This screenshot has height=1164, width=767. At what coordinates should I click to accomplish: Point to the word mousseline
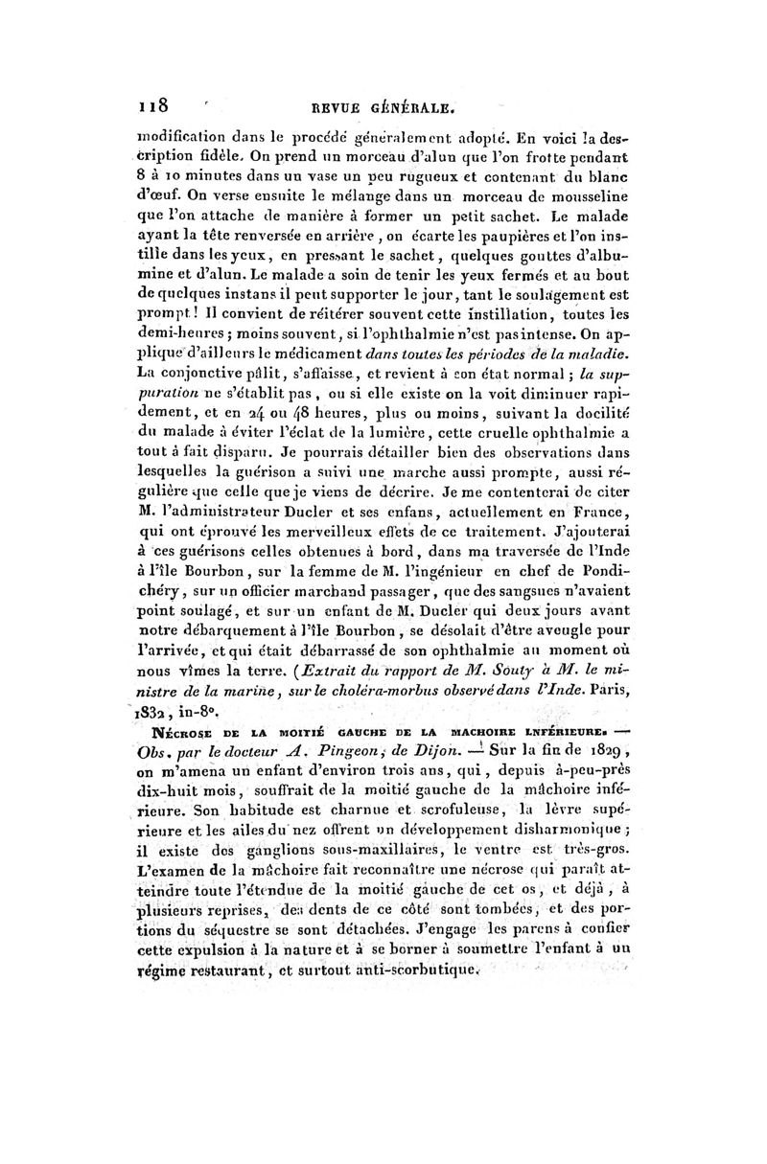coord(587,206)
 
